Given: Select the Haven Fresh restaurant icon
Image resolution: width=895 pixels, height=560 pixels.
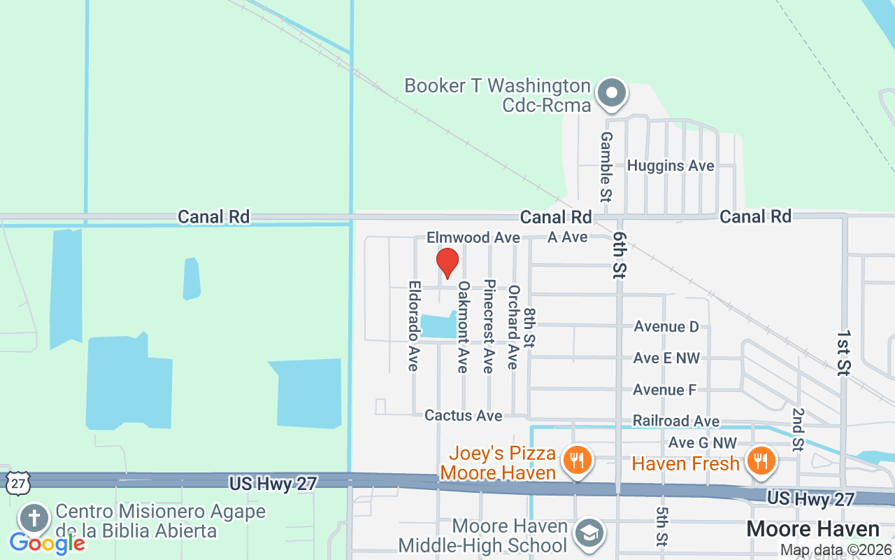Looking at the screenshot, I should tap(758, 461).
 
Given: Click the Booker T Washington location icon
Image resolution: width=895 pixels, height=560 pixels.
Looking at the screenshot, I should tap(612, 93).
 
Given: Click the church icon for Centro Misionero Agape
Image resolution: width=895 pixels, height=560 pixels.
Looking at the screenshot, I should tap(34, 519).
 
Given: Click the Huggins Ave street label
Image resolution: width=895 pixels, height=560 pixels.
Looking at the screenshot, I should tap(670, 166).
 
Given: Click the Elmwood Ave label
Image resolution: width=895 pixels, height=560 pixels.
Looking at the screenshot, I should tap(473, 238).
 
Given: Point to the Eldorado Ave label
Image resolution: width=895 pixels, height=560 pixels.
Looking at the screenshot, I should tap(414, 326).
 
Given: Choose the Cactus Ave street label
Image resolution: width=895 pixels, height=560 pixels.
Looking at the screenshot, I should tap(463, 416).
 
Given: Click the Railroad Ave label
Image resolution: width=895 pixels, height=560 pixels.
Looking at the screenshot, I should tap(675, 421).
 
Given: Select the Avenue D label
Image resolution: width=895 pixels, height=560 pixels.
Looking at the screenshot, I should tap(666, 327).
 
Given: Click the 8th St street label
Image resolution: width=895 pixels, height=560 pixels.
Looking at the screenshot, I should tap(529, 328).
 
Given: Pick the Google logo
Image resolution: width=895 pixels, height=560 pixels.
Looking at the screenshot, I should tap(47, 542).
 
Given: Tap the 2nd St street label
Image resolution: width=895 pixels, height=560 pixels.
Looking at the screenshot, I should tap(798, 428).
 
